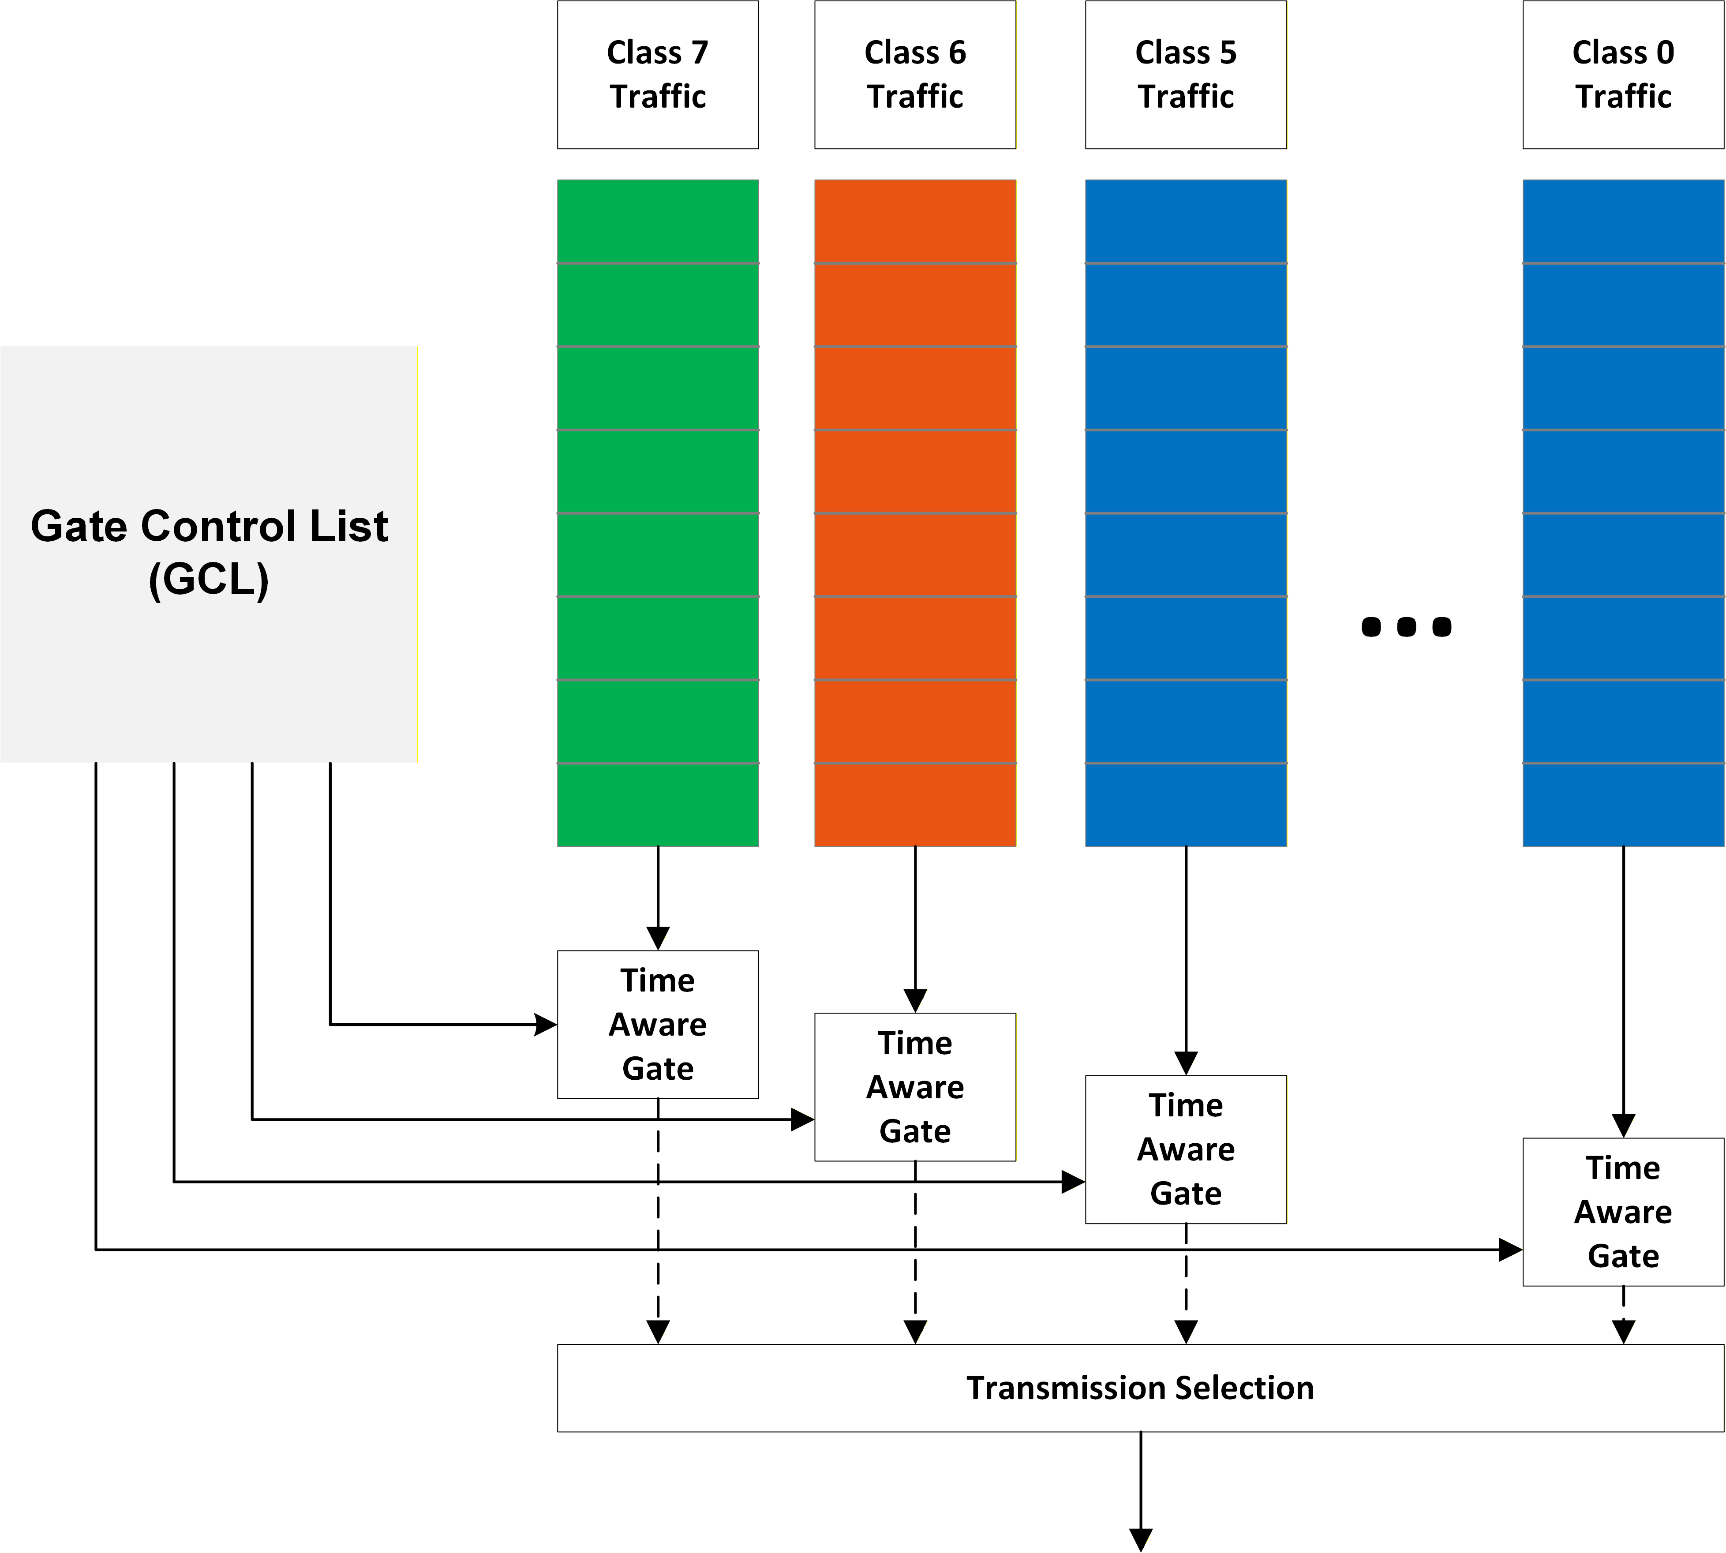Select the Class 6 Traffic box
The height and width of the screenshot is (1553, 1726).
[915, 74]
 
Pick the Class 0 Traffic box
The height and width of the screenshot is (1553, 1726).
[1623, 74]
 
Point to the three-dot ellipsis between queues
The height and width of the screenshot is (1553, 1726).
[1406, 627]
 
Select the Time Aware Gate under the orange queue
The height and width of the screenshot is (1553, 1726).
[915, 1086]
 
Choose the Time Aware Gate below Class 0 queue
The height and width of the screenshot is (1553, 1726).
[1623, 1212]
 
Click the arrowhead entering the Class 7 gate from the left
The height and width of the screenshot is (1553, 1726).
[545, 1024]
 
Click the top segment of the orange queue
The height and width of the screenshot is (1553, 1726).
[915, 221]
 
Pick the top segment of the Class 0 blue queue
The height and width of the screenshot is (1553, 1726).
[1623, 221]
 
